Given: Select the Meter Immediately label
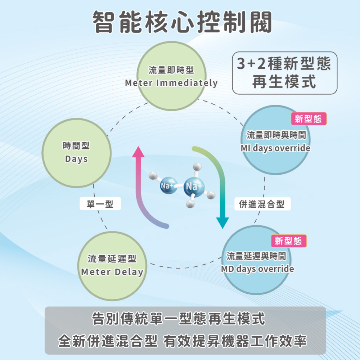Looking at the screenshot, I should pyautogui.click(x=171, y=83).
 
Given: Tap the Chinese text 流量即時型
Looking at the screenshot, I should pyautogui.click(x=171, y=71).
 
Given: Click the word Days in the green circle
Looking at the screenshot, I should pyautogui.click(x=76, y=159).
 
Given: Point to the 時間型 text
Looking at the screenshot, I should pyautogui.click(x=76, y=146).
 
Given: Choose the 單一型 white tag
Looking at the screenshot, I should pyautogui.click(x=100, y=204).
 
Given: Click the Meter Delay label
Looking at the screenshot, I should pyautogui.click(x=112, y=272).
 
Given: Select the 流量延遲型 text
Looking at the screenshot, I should pyautogui.click(x=112, y=259).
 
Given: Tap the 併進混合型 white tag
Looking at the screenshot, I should pyautogui.click(x=262, y=204).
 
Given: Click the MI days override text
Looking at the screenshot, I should pyautogui.click(x=275, y=148).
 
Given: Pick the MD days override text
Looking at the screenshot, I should pyautogui.click(x=257, y=269).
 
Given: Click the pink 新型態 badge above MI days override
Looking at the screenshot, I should pyautogui.click(x=308, y=119).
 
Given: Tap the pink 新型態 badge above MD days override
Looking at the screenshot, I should pyautogui.click(x=288, y=241).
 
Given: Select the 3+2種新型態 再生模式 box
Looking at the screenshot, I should pyautogui.click(x=284, y=73).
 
